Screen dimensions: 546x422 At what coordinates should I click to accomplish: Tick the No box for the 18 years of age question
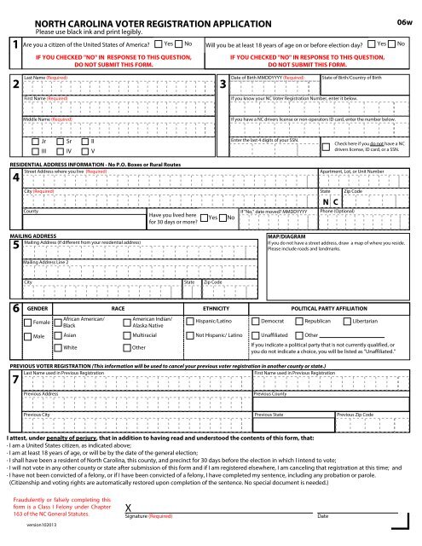tap(403, 44)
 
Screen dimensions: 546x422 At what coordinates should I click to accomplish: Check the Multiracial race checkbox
tap(124, 313)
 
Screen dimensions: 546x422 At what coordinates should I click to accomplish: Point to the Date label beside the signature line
tap(322, 516)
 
